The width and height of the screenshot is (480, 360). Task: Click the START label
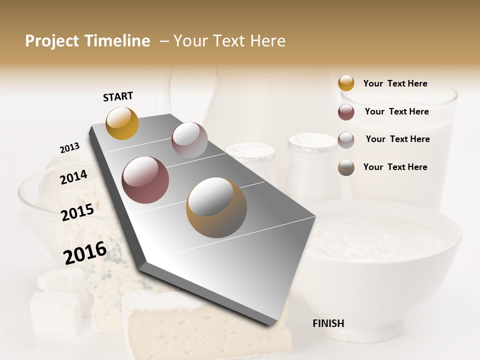[x=118, y=96]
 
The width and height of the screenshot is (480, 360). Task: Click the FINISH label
[x=328, y=323]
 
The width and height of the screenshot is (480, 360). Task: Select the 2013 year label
[x=69, y=147]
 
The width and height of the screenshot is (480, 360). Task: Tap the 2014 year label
[x=73, y=177]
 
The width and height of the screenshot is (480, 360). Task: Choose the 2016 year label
[x=85, y=253]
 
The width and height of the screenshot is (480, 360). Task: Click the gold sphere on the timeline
[x=122, y=123]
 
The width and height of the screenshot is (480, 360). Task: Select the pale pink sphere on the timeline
[x=189, y=139]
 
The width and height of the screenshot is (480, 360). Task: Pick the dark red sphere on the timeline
[x=145, y=180]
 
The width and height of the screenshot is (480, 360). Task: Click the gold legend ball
[x=346, y=83]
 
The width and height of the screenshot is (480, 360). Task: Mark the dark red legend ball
[x=346, y=112]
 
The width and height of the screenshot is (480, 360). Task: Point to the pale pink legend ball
[x=346, y=140]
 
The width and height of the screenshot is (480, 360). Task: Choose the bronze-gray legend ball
[x=346, y=167]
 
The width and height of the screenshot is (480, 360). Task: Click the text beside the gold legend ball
[x=395, y=83]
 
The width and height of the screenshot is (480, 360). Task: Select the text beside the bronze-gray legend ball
[x=395, y=167]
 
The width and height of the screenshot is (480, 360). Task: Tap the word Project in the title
[x=52, y=41]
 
